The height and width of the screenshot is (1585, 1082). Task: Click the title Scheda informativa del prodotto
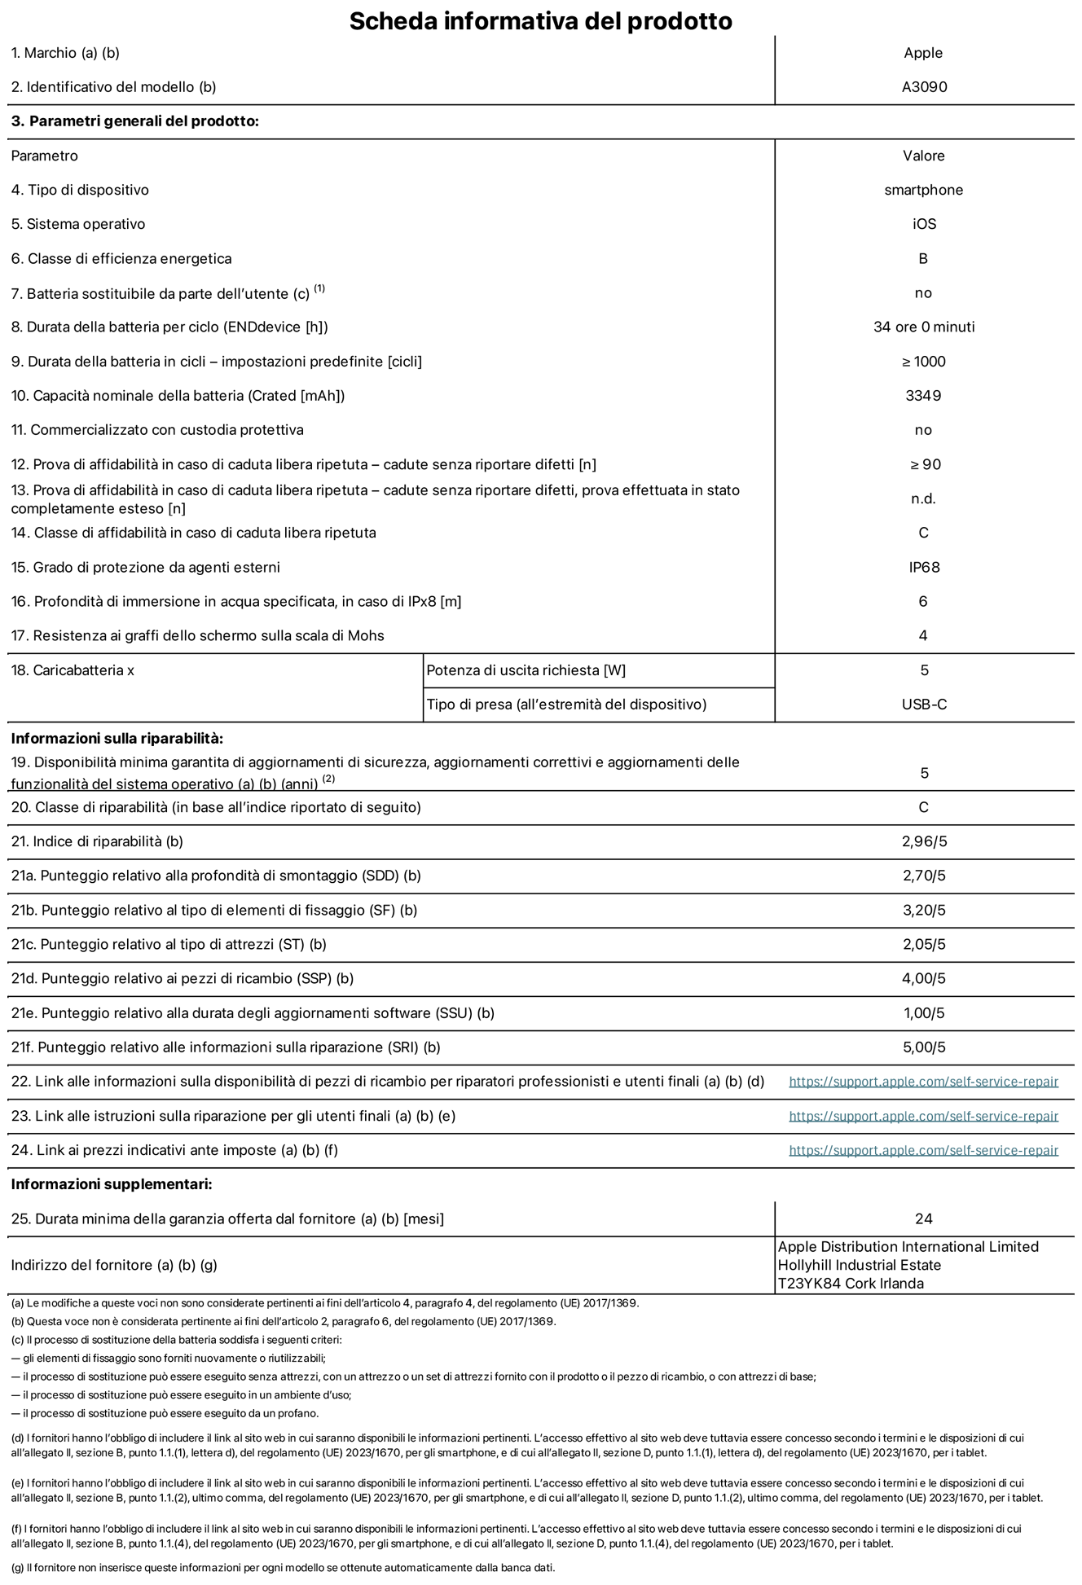[x=540, y=20]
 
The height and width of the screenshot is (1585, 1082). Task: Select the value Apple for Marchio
[x=923, y=53]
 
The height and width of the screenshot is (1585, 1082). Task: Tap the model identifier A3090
[x=924, y=87]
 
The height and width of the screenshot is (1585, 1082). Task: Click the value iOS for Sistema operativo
[x=924, y=224]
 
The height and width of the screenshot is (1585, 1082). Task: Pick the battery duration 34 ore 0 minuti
[x=924, y=327]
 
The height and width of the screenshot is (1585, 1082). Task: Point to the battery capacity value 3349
[x=923, y=396]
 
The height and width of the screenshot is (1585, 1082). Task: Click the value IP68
[x=924, y=567]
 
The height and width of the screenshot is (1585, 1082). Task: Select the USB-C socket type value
[x=924, y=705]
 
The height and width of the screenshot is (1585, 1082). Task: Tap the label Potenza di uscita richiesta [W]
[x=526, y=670]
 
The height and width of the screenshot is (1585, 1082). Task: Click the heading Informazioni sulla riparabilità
[x=117, y=739]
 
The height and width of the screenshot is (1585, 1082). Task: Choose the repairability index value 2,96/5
[x=924, y=841]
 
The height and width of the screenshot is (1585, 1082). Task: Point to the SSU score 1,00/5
[x=924, y=1013]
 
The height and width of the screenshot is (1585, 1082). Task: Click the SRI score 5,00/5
[x=924, y=1047]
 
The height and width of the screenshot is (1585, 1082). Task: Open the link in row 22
[x=923, y=1082]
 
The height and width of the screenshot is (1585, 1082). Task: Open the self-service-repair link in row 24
[x=923, y=1150]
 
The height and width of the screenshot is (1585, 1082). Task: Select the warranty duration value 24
[x=923, y=1218]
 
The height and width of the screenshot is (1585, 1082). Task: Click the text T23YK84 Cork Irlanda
[x=851, y=1284]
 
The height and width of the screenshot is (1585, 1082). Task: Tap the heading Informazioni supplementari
[x=112, y=1184]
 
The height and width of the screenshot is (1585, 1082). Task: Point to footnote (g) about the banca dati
[x=283, y=1568]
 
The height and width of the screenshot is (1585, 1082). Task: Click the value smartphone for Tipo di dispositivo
[x=924, y=190]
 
